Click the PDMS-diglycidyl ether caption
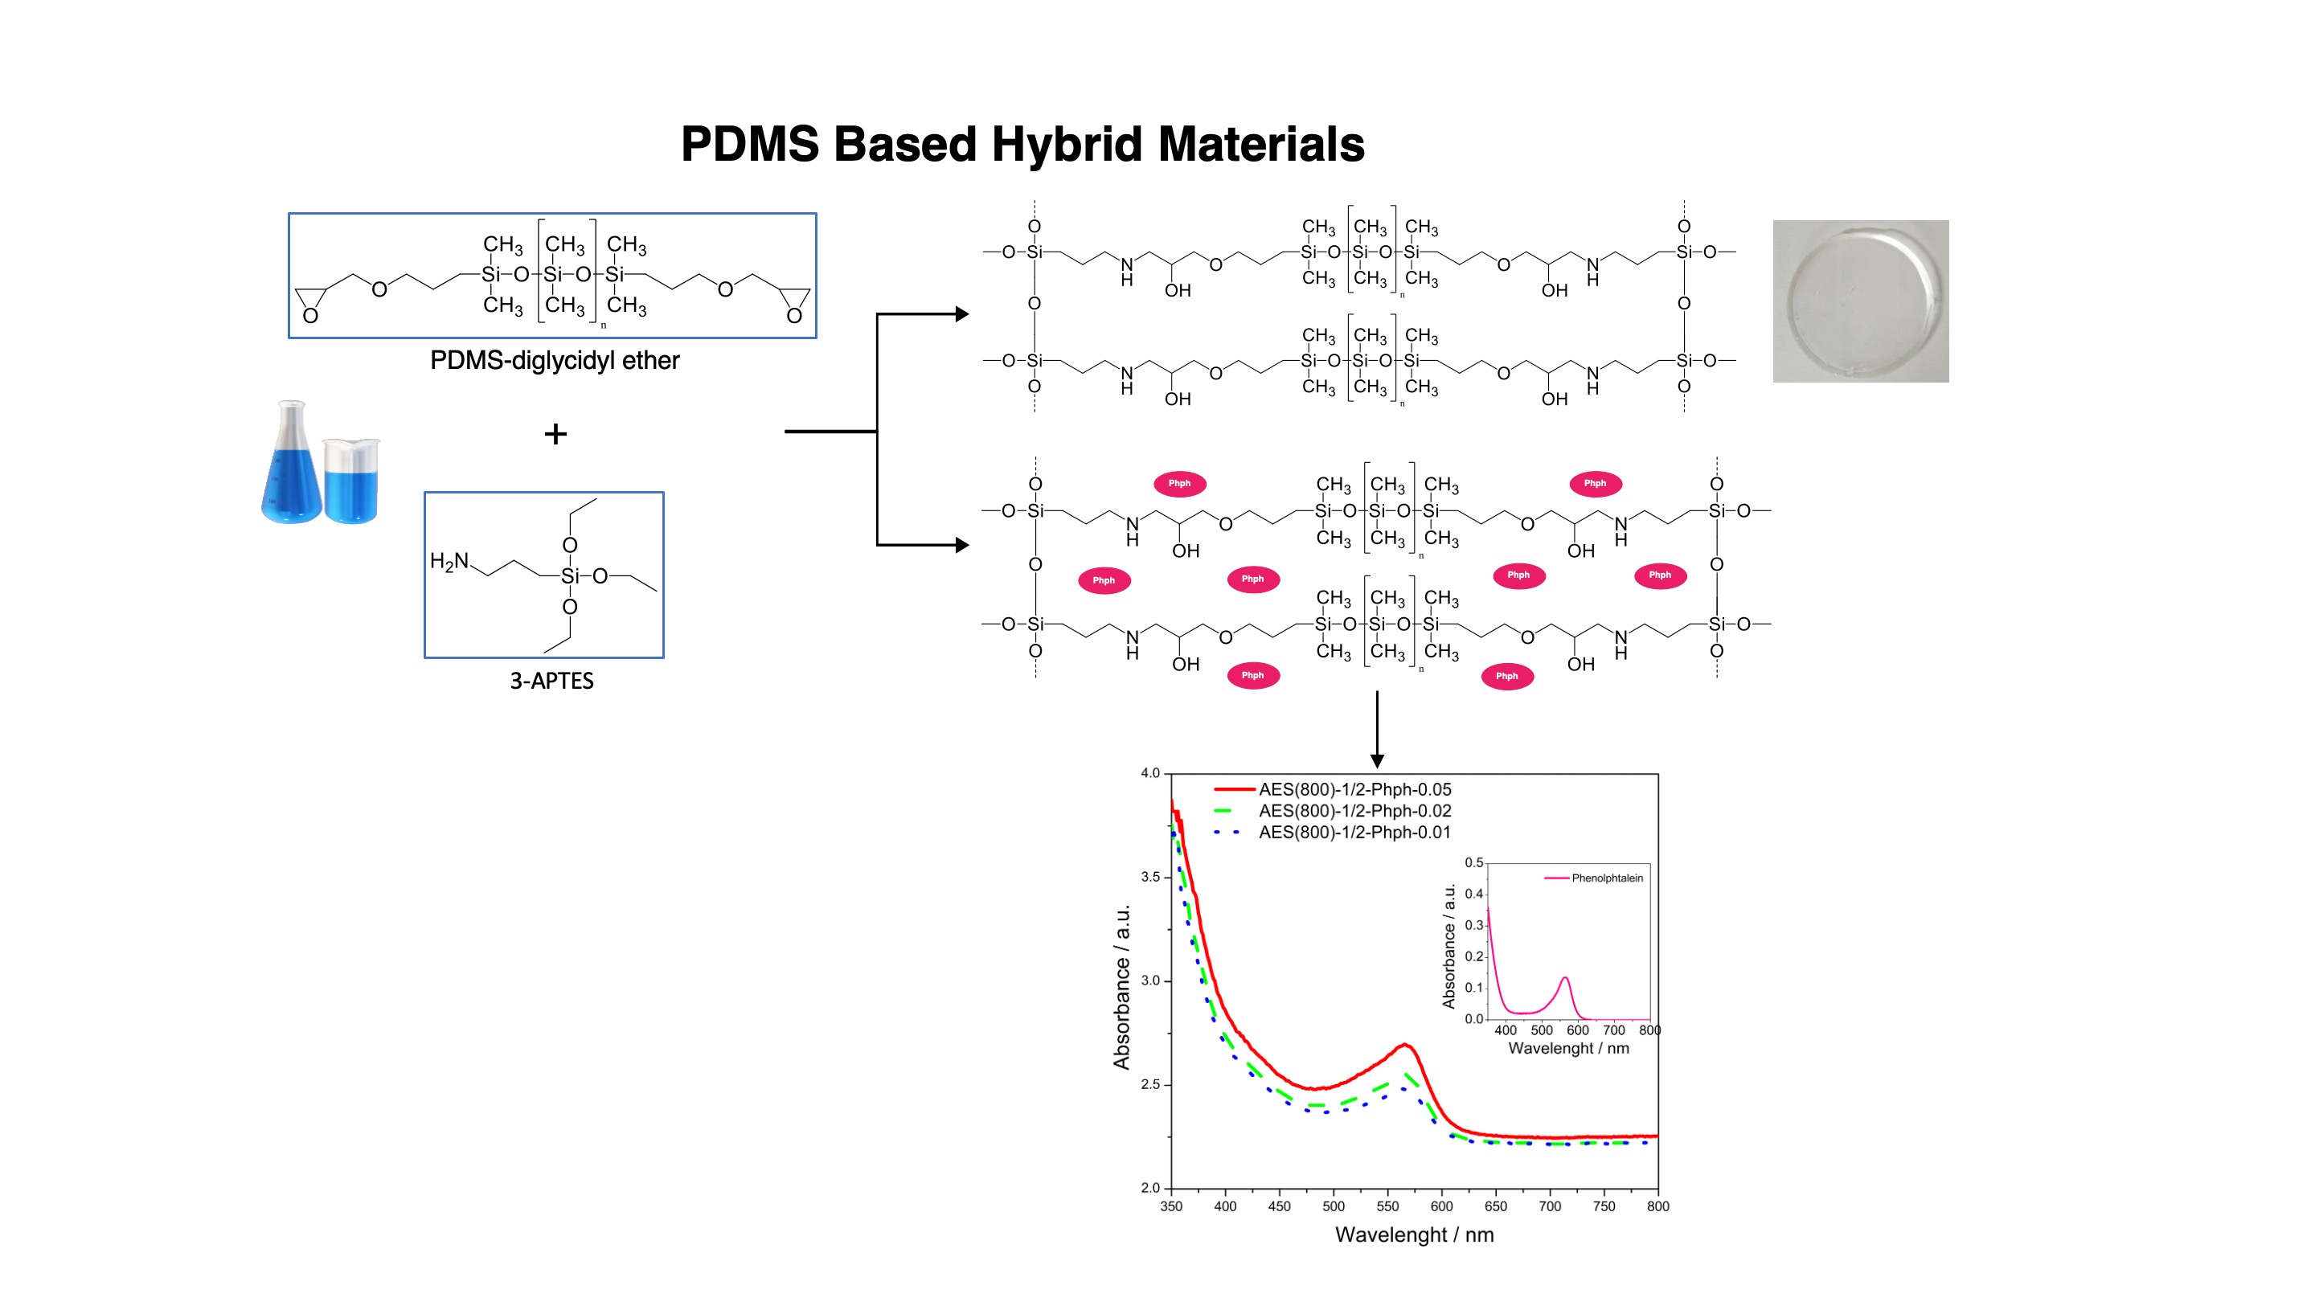(554, 361)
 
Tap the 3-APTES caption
(551, 681)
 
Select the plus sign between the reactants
(555, 435)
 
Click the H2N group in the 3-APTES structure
(449, 562)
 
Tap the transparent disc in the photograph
(1858, 301)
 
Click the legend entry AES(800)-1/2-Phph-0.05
(1354, 790)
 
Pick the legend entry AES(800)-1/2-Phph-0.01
(1354, 833)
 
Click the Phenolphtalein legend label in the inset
(1606, 878)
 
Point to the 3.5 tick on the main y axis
(1150, 877)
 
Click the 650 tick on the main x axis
(1495, 1206)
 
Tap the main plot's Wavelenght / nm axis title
(1414, 1235)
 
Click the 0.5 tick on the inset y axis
(1474, 863)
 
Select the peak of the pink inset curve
(1566, 979)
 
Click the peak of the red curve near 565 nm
(1404, 1045)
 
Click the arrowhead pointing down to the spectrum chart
(1377, 760)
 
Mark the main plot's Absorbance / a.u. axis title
(1121, 987)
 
